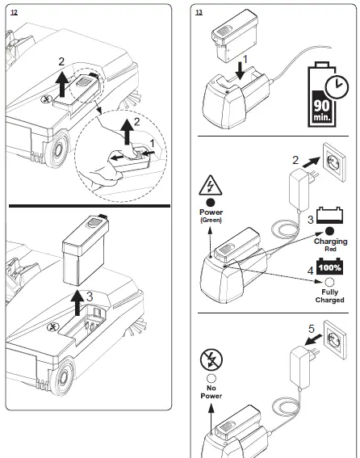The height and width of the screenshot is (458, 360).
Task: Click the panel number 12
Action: coord(14,12)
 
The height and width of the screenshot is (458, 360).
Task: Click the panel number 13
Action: coord(199,12)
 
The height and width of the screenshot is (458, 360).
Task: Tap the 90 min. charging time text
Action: coord(322,111)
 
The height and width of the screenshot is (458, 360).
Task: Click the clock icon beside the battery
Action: coord(337,86)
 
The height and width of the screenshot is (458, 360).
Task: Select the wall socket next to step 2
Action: coord(334,162)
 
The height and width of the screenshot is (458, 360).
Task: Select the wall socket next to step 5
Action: coord(336,339)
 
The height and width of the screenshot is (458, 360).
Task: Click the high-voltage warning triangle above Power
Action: coord(210,186)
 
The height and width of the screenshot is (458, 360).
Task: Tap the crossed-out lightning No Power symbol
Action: coord(211,360)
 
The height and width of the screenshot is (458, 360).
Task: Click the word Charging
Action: coord(330,242)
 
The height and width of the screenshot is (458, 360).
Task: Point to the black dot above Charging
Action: coord(329,231)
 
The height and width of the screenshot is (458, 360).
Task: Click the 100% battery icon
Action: coord(329,267)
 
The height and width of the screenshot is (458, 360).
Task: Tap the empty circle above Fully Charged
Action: coord(329,283)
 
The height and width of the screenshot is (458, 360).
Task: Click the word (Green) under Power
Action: coord(211,220)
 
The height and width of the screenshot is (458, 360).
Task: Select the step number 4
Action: coord(311,271)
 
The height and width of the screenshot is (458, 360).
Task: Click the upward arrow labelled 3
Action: coord(77,303)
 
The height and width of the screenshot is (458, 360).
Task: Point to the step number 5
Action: coord(312,329)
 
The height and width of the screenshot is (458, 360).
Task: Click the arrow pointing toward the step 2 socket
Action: coord(311,162)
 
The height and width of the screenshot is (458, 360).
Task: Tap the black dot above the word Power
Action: coord(211,203)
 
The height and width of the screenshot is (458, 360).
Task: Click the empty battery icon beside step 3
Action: coord(329,216)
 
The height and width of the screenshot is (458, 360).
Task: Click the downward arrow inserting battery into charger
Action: coord(240,71)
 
